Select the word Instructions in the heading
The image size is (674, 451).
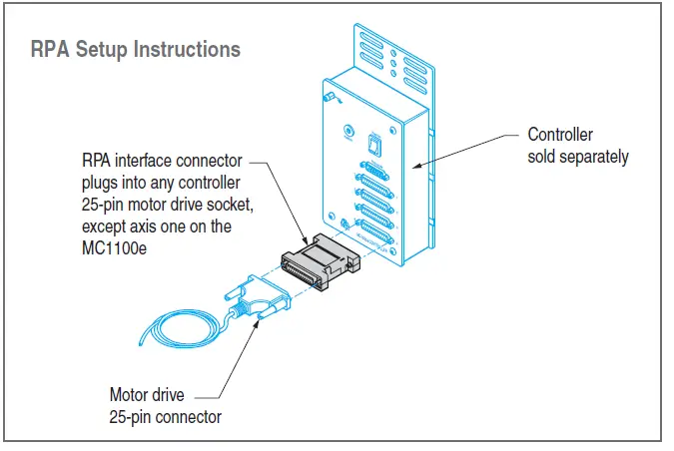187,48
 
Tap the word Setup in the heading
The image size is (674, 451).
107,48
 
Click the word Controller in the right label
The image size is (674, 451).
560,135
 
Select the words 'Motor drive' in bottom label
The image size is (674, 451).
148,394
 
